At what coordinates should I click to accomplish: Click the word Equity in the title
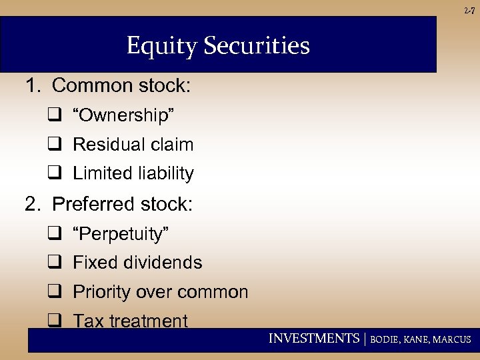tap(161, 46)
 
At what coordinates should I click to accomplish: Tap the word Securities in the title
tap(255, 46)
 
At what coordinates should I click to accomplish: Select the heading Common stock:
tap(121, 86)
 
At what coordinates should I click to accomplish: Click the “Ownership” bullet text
tap(124, 115)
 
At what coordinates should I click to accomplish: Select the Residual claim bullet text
tap(133, 145)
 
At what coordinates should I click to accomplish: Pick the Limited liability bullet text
tap(133, 174)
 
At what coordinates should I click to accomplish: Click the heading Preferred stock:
tap(122, 204)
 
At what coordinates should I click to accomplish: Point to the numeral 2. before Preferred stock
tap(33, 204)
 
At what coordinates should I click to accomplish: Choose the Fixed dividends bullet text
tap(137, 263)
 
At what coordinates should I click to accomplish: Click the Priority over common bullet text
tap(160, 292)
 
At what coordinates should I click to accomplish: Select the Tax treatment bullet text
tap(130, 321)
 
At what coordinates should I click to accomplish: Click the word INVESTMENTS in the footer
tap(313, 339)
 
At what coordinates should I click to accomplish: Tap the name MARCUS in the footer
tap(452, 339)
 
